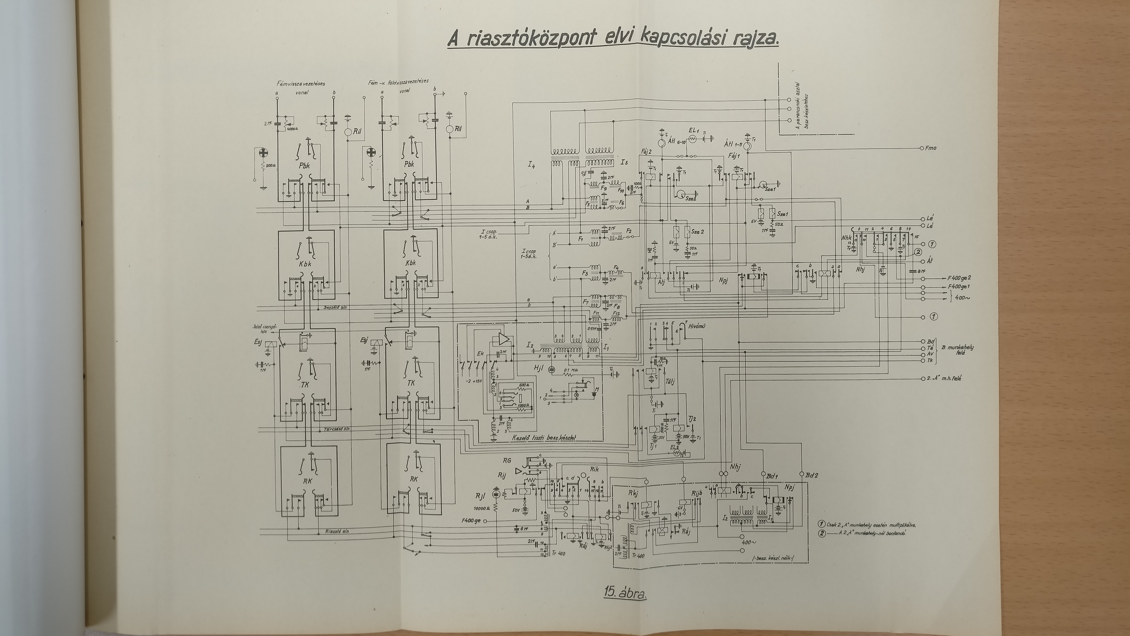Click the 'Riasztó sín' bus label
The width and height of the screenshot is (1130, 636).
[337, 531]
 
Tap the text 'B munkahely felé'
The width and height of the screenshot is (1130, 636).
[957, 350]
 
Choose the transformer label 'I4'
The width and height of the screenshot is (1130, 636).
[531, 165]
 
